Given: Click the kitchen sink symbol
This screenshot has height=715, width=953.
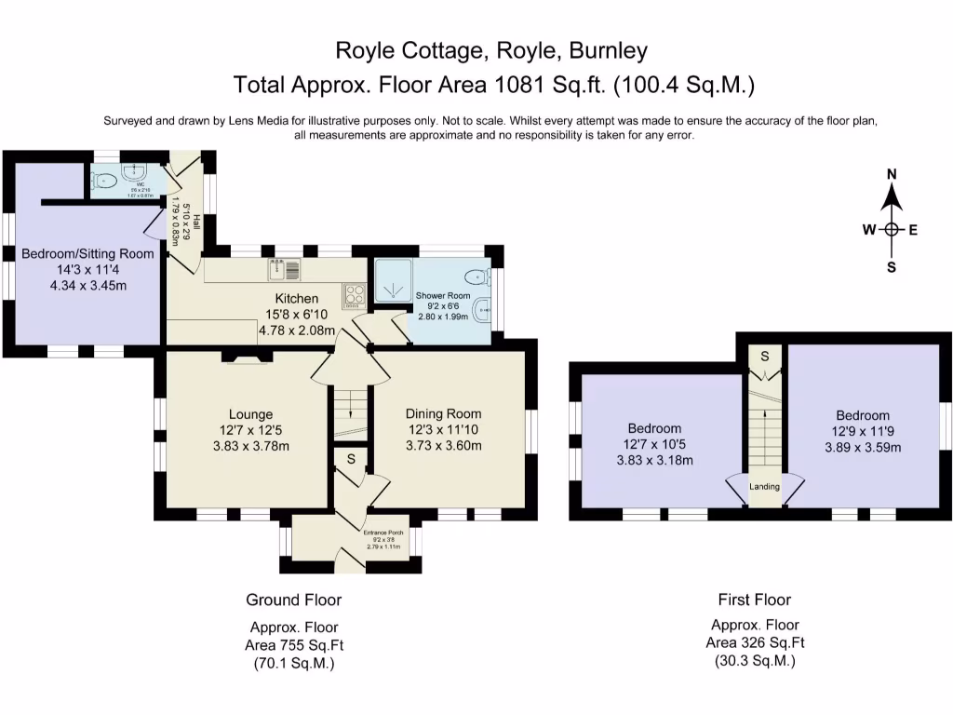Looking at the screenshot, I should coord(284,270).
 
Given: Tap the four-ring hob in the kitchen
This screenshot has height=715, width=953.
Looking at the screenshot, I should coord(355,296).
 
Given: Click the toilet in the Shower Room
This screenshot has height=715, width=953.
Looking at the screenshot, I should coord(476,277).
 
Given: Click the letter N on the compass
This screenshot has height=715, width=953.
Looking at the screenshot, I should coord(892,174).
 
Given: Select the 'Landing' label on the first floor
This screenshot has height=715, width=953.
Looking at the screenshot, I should coord(765,487).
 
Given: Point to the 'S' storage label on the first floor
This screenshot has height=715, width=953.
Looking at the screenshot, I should coord(765,356).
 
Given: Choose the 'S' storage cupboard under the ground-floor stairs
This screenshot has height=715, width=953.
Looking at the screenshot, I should coord(351,459).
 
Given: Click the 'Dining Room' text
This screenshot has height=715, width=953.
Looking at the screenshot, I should coord(443,414).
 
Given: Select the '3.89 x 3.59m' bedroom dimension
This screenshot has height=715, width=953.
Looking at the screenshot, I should coord(862,447).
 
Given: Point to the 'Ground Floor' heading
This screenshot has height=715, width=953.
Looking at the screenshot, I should coord(293,600).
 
